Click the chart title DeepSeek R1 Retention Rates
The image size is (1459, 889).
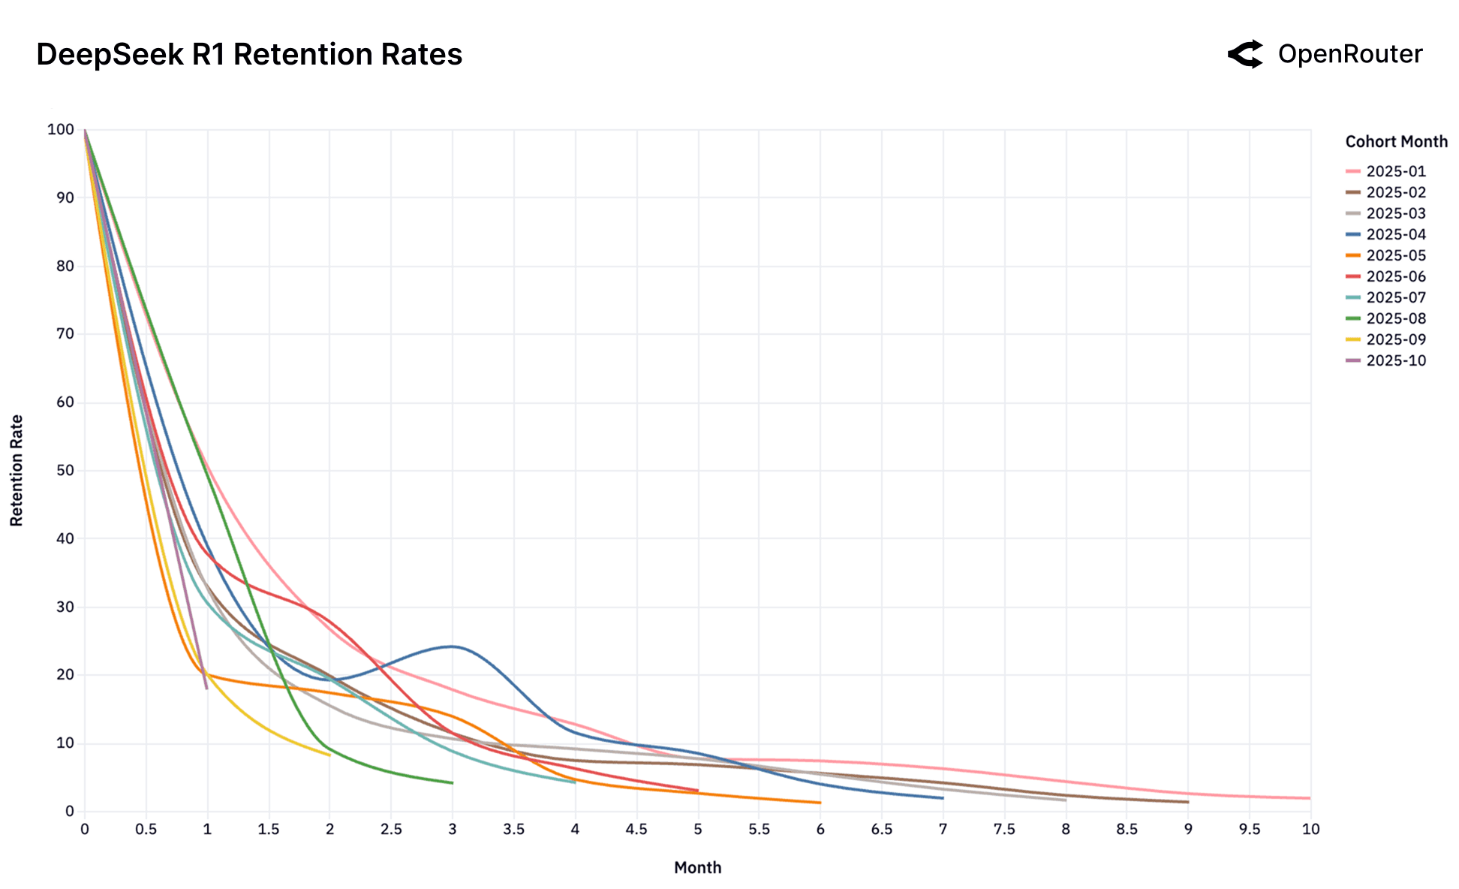[x=248, y=55]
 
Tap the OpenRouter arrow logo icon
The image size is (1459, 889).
[x=1246, y=54]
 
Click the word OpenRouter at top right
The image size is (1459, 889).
[x=1349, y=54]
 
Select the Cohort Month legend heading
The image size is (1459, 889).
[x=1396, y=142]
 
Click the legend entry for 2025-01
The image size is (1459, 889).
[x=1395, y=172]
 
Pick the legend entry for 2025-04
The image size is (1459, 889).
[x=1395, y=235]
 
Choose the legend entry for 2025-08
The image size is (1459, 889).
[x=1395, y=319]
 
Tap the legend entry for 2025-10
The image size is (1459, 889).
[x=1395, y=361]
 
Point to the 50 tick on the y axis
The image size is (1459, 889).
[x=65, y=471]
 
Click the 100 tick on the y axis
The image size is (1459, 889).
[x=61, y=130]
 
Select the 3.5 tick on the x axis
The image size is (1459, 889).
[x=513, y=830]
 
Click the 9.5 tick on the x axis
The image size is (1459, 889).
[x=1249, y=830]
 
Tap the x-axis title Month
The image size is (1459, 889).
[x=697, y=868]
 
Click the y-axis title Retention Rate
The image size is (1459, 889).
[x=17, y=471]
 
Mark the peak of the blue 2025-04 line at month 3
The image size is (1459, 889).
[x=452, y=646]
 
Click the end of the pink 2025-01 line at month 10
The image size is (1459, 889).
[x=1310, y=798]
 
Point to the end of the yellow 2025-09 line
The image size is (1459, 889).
[x=329, y=755]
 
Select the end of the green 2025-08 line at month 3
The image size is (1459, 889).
[x=452, y=783]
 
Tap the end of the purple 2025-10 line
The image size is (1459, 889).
[x=207, y=689]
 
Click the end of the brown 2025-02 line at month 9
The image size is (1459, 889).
[x=1187, y=802]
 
